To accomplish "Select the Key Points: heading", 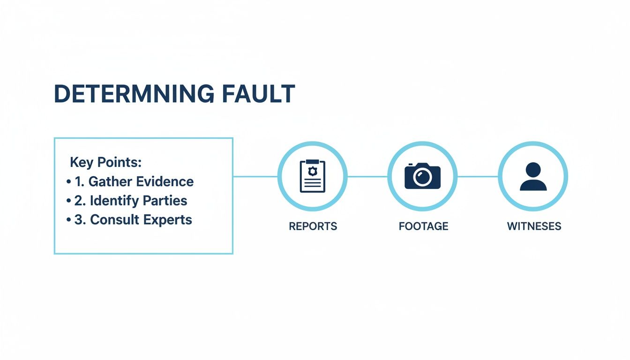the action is coord(105,163).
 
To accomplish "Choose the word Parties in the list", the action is coord(165,201).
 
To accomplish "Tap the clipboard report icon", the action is coord(312,176).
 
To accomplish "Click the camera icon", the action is coord(422,176).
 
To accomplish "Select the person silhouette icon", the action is coord(533,176).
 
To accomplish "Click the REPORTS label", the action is coord(313,226).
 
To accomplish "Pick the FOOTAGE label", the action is coord(423,226).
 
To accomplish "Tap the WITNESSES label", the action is coord(534,226).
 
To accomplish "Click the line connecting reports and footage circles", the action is coord(367,177).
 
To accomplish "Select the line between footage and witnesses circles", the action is coord(478,177).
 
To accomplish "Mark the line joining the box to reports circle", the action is coord(255,177).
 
